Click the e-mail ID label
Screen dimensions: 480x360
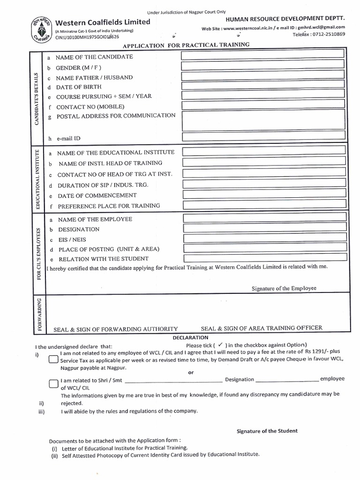pos(68,139)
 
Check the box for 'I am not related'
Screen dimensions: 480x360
pos(53,360)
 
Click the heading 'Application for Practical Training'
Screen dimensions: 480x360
pos(186,45)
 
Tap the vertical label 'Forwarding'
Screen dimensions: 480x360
pos(38,314)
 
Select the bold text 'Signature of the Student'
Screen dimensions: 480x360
pos(267,431)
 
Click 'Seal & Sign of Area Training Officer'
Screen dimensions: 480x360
pos(262,328)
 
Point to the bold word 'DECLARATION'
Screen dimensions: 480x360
pos(190,337)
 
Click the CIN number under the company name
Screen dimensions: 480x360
pos(87,37)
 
